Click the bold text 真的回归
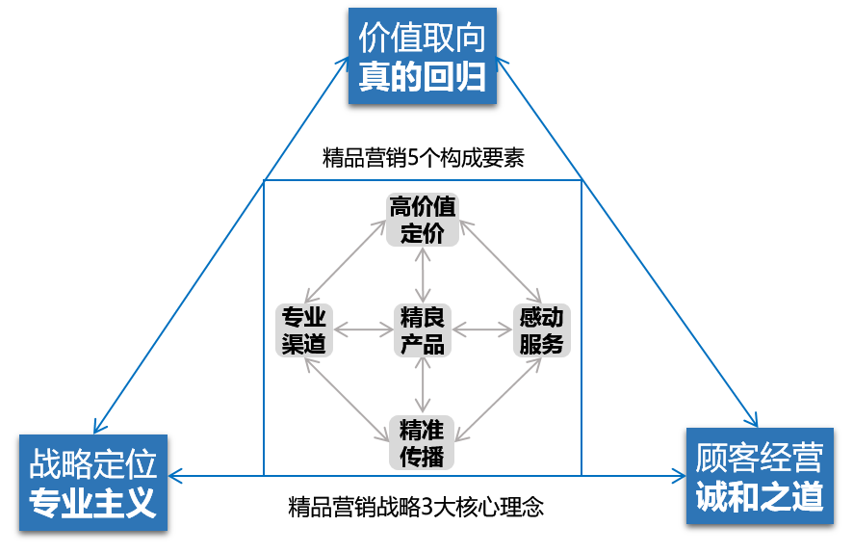click(x=422, y=78)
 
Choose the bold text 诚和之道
click(x=760, y=497)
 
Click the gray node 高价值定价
click(x=422, y=220)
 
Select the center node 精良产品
click(x=422, y=329)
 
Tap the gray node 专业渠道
click(x=304, y=329)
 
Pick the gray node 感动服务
click(x=541, y=329)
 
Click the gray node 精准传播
click(x=422, y=441)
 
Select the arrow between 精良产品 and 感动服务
click(x=481, y=329)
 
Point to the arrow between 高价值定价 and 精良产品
click(x=422, y=274)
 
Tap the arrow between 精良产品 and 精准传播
click(x=422, y=385)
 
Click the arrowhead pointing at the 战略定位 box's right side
click(x=175, y=475)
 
